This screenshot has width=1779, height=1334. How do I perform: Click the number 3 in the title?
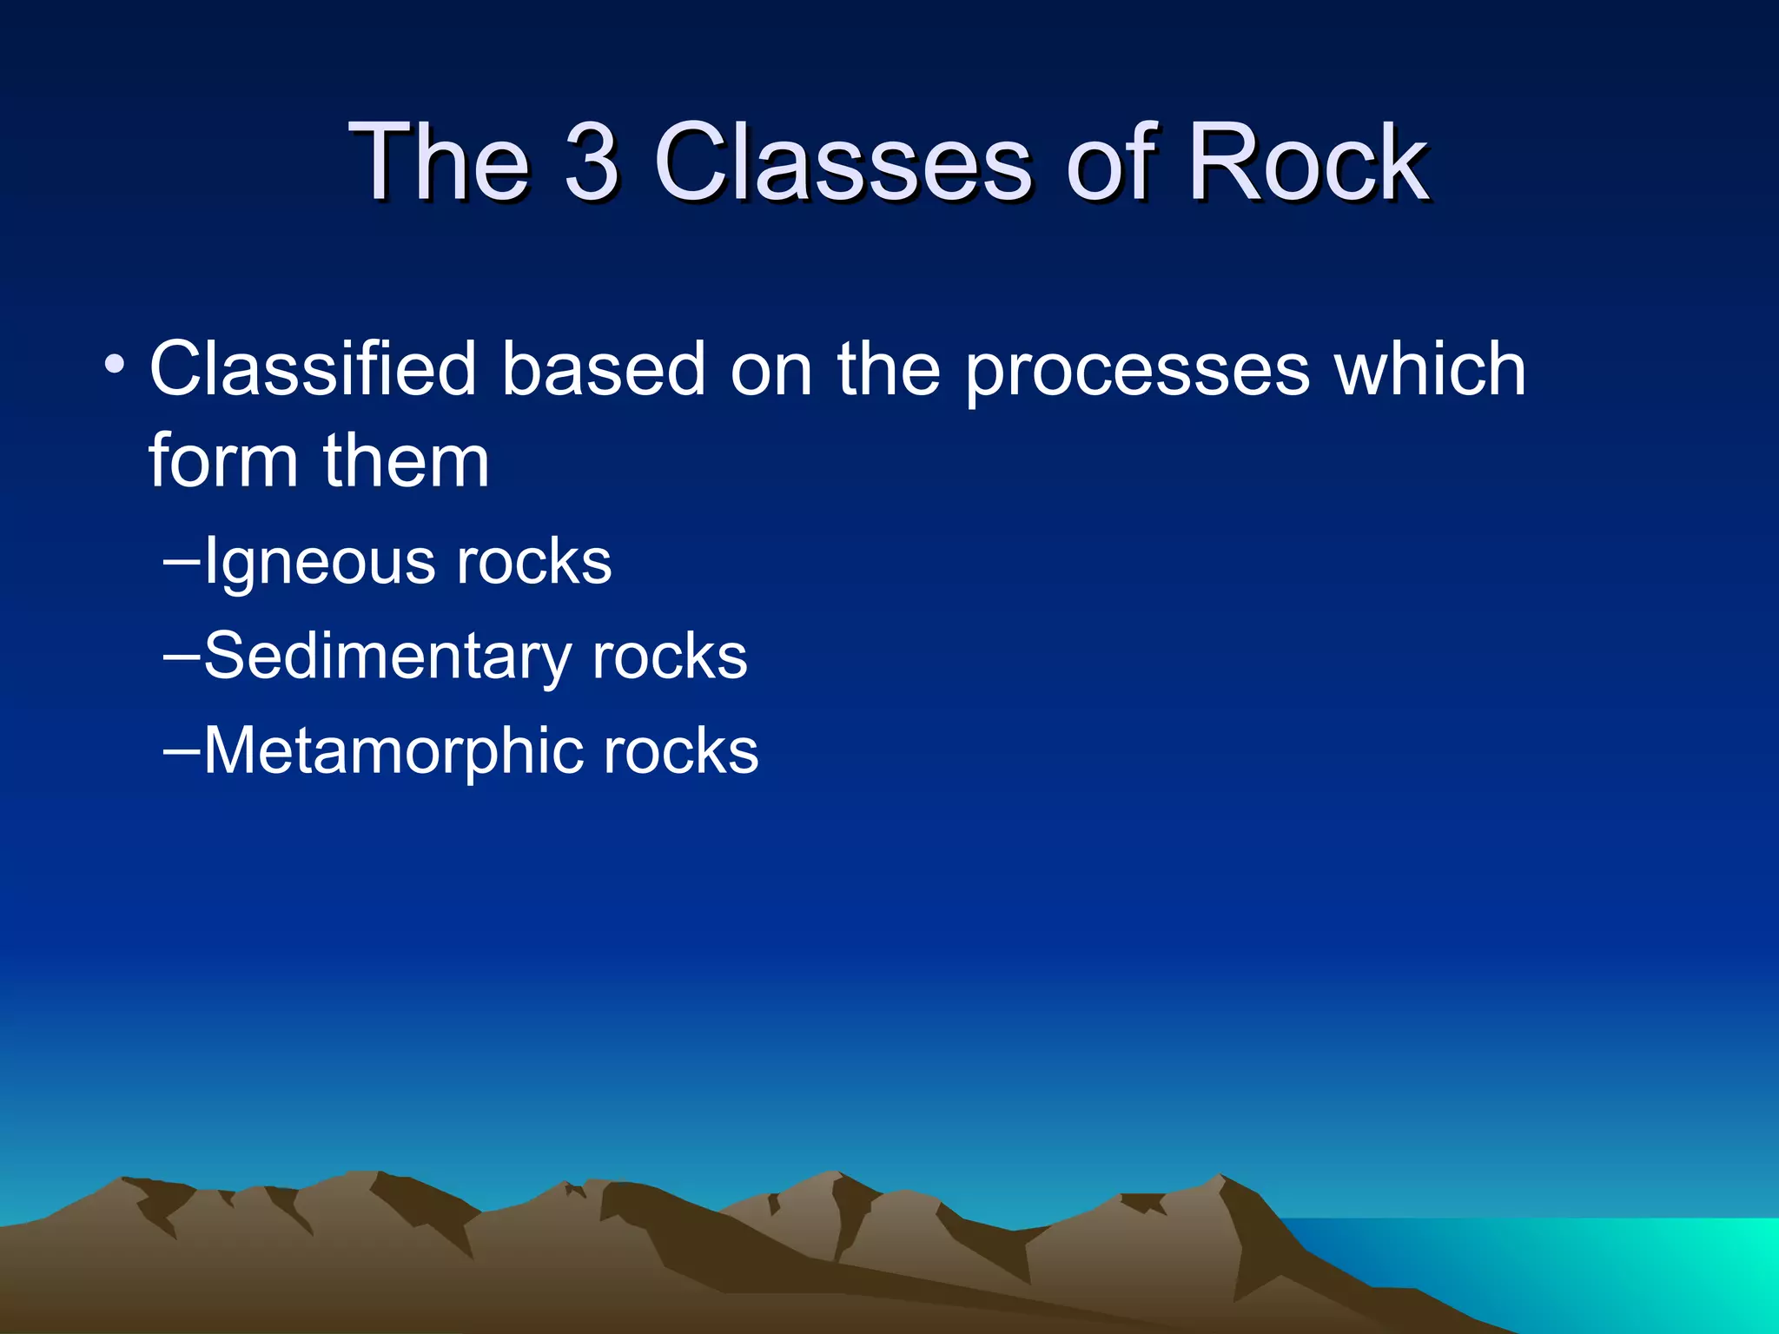click(x=592, y=162)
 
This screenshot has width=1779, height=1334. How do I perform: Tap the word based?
click(x=604, y=369)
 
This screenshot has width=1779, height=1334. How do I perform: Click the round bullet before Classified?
click(x=114, y=364)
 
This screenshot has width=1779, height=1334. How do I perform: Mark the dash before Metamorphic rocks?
click(x=182, y=750)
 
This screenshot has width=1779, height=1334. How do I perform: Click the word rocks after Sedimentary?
click(x=669, y=657)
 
